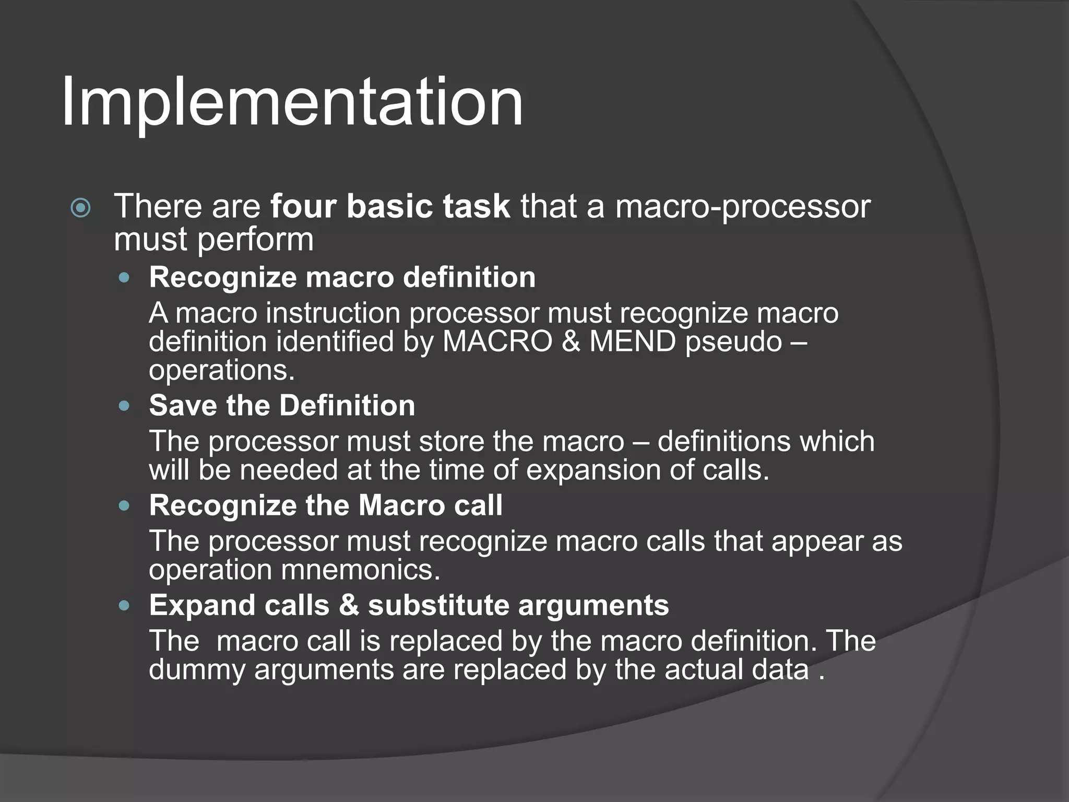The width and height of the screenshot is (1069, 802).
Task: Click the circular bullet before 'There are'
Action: coord(80,208)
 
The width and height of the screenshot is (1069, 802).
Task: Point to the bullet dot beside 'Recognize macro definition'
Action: coord(124,278)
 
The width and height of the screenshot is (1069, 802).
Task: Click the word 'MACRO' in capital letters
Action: coord(497,342)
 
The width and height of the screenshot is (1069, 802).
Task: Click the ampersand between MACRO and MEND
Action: coord(571,342)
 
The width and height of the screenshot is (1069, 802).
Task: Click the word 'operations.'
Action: coord(222,371)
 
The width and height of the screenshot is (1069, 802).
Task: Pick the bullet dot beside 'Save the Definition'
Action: coord(124,406)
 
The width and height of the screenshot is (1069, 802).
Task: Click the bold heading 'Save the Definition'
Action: coord(282,406)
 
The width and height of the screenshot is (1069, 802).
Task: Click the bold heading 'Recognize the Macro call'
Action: coord(326,505)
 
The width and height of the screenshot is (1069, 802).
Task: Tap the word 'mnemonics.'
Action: coord(361,570)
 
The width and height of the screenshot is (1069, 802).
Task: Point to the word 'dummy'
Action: coord(197,670)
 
